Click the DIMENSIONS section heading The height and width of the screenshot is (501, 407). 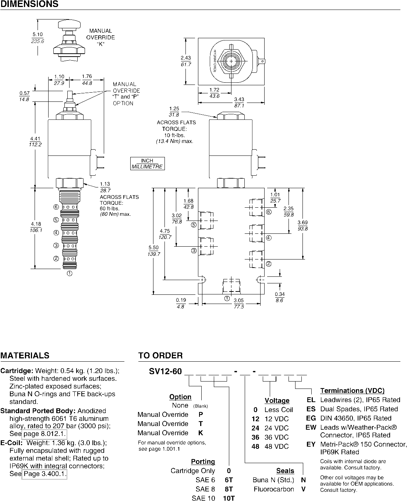[29, 4]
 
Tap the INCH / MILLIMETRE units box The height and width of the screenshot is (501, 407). [147, 164]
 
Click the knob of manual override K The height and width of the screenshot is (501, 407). [70, 25]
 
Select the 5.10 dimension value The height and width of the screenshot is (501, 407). [38, 34]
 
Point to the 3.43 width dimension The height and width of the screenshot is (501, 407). [239, 100]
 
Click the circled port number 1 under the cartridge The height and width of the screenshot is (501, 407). [70, 273]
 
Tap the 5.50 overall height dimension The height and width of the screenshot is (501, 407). [153, 247]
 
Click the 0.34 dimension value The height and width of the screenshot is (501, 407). [280, 294]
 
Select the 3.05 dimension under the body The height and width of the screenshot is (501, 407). [239, 300]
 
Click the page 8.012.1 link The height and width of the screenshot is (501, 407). [45, 434]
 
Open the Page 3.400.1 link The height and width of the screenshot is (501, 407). [45, 474]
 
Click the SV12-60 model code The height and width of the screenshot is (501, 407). [165, 371]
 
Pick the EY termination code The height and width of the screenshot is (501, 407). [311, 444]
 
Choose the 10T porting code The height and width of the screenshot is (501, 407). [229, 498]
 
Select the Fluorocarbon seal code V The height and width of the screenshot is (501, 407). [304, 489]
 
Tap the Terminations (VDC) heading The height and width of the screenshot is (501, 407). [352, 391]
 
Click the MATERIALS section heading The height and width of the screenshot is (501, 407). [25, 355]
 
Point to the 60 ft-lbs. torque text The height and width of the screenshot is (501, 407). [109, 209]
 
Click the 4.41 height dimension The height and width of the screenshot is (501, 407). [35, 139]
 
